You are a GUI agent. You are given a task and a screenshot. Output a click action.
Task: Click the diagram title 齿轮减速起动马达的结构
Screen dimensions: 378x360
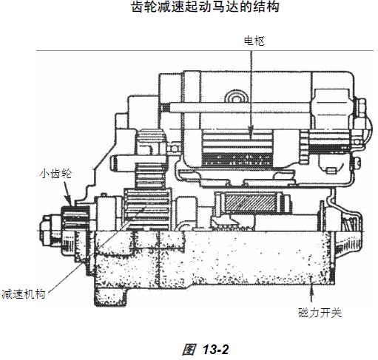(x=205, y=7)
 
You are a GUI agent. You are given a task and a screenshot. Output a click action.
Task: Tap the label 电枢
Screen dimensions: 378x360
(x=254, y=41)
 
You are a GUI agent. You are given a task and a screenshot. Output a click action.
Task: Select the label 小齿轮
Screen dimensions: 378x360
(x=55, y=174)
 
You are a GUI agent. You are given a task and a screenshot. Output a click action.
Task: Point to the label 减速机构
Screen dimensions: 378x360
(x=24, y=294)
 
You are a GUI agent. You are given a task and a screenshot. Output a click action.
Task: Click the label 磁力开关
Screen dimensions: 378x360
(x=320, y=313)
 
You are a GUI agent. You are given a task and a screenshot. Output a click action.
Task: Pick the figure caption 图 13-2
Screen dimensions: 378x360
(x=206, y=349)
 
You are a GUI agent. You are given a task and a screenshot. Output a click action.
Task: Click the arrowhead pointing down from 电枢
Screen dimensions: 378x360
(x=251, y=132)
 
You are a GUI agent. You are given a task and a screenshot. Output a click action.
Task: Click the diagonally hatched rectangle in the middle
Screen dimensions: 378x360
(x=250, y=203)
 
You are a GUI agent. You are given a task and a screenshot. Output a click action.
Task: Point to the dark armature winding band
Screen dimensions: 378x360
(x=237, y=160)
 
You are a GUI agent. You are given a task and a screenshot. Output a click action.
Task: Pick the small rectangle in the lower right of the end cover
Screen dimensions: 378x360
(x=331, y=170)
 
